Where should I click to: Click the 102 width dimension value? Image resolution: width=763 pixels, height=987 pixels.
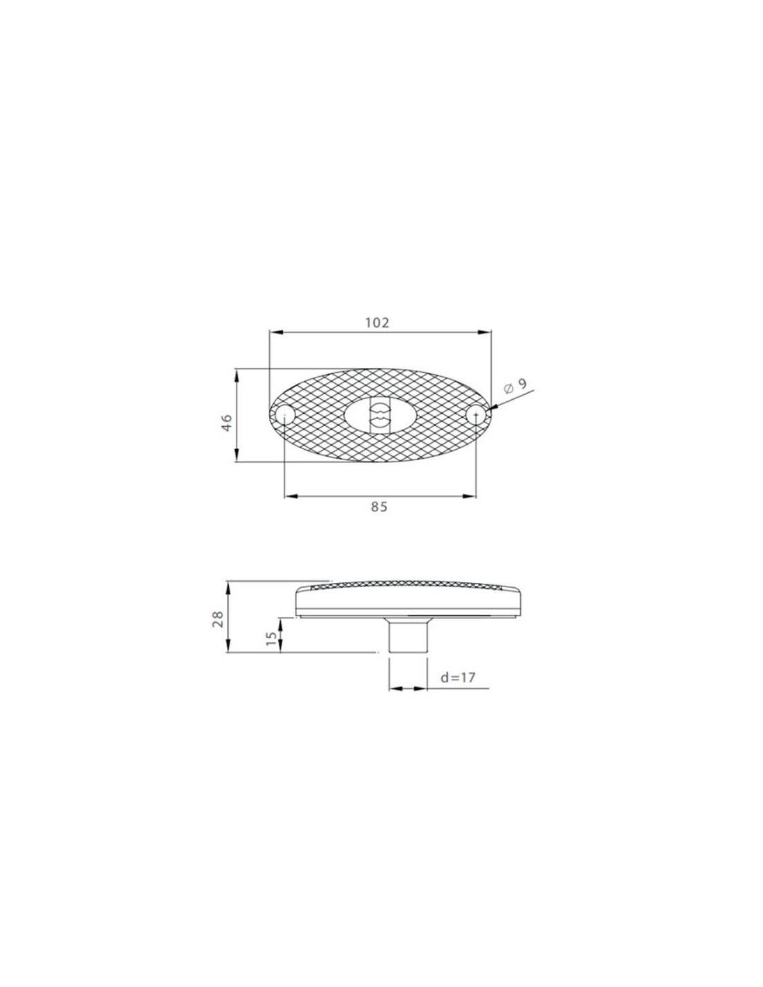pyautogui.click(x=377, y=323)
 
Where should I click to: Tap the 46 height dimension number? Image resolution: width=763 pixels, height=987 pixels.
pyautogui.click(x=227, y=423)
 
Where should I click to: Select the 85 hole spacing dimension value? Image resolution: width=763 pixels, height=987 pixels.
pyautogui.click(x=379, y=507)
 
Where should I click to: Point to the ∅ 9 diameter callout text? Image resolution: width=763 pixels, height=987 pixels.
pyautogui.click(x=515, y=386)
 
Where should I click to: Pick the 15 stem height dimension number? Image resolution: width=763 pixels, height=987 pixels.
pyautogui.click(x=271, y=639)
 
